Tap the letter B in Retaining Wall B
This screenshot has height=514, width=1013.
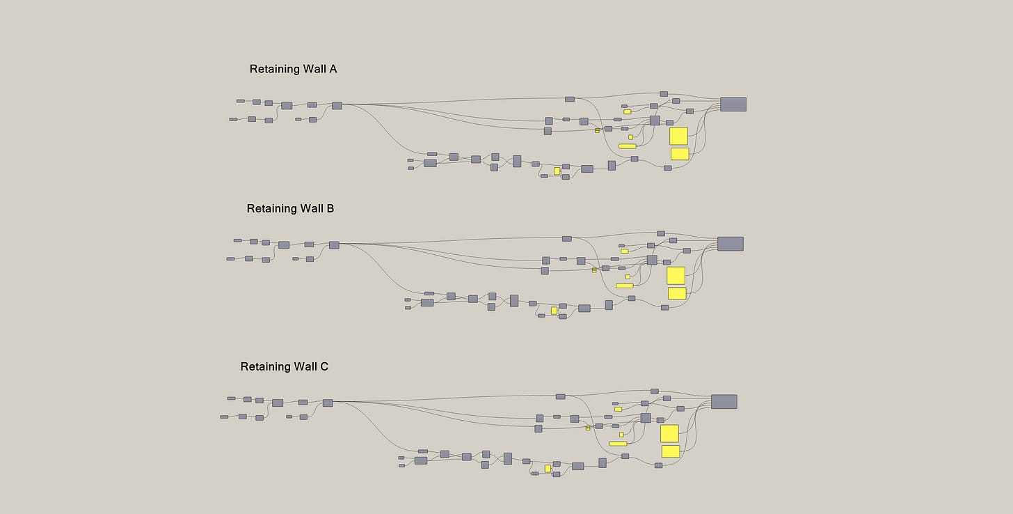pyautogui.click(x=330, y=208)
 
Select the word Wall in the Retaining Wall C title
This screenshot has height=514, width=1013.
pyautogui.click(x=303, y=366)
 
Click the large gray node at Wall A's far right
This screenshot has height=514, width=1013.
pyautogui.click(x=733, y=104)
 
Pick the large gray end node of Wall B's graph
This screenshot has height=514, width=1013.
pyautogui.click(x=730, y=244)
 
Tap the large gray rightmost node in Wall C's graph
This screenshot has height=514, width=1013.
pyautogui.click(x=724, y=402)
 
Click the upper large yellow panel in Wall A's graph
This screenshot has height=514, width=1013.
pyautogui.click(x=678, y=136)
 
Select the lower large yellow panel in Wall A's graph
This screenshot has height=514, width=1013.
pyautogui.click(x=680, y=154)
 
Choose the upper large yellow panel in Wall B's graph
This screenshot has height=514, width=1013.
pyautogui.click(x=676, y=275)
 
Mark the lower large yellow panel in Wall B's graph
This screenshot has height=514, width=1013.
pyautogui.click(x=677, y=293)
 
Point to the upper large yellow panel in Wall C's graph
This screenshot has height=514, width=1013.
pyautogui.click(x=669, y=433)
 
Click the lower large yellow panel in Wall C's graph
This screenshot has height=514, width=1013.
pyautogui.click(x=671, y=451)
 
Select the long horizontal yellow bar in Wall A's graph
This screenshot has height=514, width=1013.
pyautogui.click(x=627, y=146)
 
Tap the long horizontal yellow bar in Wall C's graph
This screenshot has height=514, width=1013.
pyautogui.click(x=618, y=444)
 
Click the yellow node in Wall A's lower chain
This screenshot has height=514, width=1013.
pyautogui.click(x=557, y=171)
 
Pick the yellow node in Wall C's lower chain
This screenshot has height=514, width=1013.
pyautogui.click(x=548, y=468)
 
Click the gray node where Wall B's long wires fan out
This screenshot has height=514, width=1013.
pyautogui.click(x=334, y=245)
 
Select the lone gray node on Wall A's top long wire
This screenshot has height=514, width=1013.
pyautogui.click(x=569, y=100)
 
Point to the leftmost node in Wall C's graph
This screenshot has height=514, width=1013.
pyautogui.click(x=224, y=417)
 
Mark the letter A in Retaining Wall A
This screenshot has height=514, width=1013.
pyautogui.click(x=333, y=69)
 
